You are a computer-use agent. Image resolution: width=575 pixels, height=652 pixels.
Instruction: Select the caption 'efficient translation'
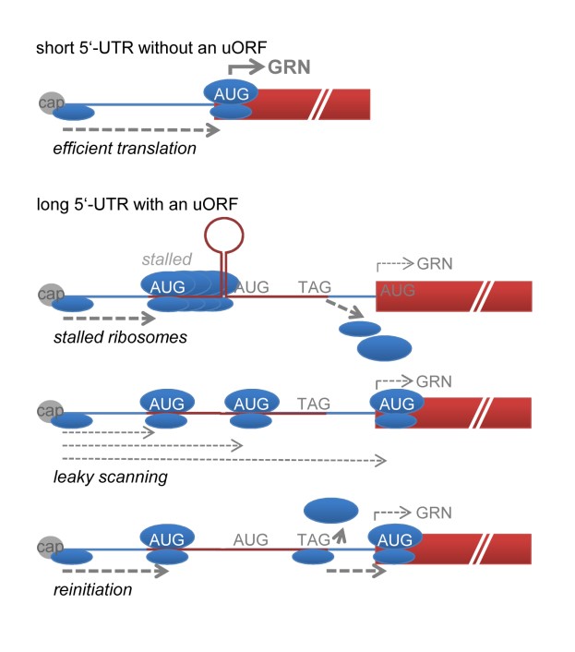coord(124,147)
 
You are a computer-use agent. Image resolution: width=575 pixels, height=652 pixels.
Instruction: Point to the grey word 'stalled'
coord(166,261)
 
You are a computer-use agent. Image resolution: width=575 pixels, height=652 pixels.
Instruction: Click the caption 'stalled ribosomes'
coord(119,338)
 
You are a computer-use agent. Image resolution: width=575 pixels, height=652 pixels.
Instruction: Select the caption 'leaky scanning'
coord(110,477)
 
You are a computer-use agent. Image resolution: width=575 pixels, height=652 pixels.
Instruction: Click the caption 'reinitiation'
coord(92,587)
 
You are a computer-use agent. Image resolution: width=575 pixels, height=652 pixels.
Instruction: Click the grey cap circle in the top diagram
coord(52,103)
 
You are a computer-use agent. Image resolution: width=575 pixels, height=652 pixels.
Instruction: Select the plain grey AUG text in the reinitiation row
coord(251,538)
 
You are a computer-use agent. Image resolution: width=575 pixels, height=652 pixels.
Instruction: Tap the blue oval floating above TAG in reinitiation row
coord(329,510)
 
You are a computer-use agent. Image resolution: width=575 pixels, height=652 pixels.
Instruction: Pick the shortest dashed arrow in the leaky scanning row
coord(107,430)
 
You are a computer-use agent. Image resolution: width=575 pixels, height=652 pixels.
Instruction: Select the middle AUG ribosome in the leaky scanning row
coord(251,404)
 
